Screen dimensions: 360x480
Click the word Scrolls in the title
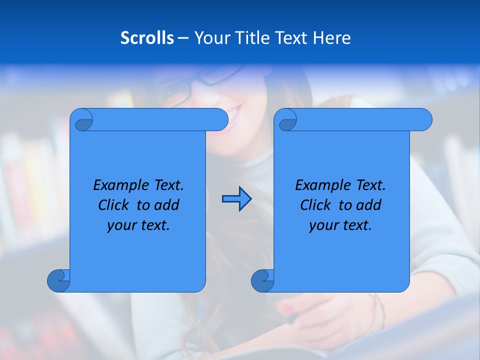tap(147, 38)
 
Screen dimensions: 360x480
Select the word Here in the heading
tap(331, 38)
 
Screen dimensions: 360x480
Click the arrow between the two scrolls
tap(236, 199)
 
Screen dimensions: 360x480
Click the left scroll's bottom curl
tap(58, 280)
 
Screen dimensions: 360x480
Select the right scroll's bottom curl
tap(262, 280)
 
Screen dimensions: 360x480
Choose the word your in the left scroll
tap(121, 225)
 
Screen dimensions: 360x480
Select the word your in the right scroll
tap(323, 225)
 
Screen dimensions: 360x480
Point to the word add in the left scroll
tap(166, 205)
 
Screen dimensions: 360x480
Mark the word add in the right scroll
tap(368, 205)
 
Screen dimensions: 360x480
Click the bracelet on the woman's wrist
tap(377, 307)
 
